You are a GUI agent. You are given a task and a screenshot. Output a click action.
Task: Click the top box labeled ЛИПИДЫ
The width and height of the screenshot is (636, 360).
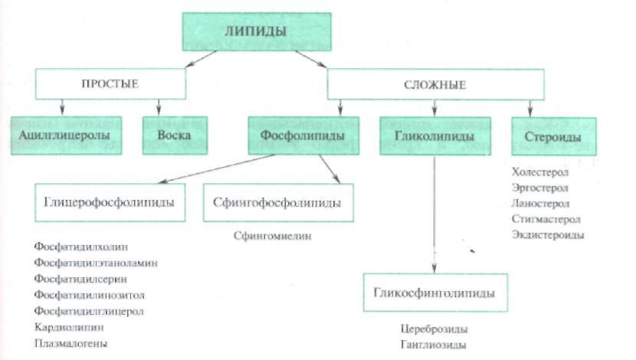click(x=255, y=31)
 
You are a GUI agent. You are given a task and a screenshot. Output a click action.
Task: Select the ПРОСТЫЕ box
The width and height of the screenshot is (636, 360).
click(x=110, y=83)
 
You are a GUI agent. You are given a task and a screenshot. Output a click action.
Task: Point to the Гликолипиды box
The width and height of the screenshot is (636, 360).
click(x=434, y=136)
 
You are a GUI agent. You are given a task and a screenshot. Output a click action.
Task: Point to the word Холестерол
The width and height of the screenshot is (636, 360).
click(x=540, y=173)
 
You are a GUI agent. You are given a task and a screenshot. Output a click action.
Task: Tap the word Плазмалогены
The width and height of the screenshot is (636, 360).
click(x=71, y=344)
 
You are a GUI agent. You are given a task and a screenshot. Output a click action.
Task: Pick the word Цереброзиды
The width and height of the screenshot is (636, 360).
click(x=434, y=329)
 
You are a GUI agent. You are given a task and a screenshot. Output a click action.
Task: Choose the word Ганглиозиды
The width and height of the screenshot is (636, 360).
click(x=433, y=345)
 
